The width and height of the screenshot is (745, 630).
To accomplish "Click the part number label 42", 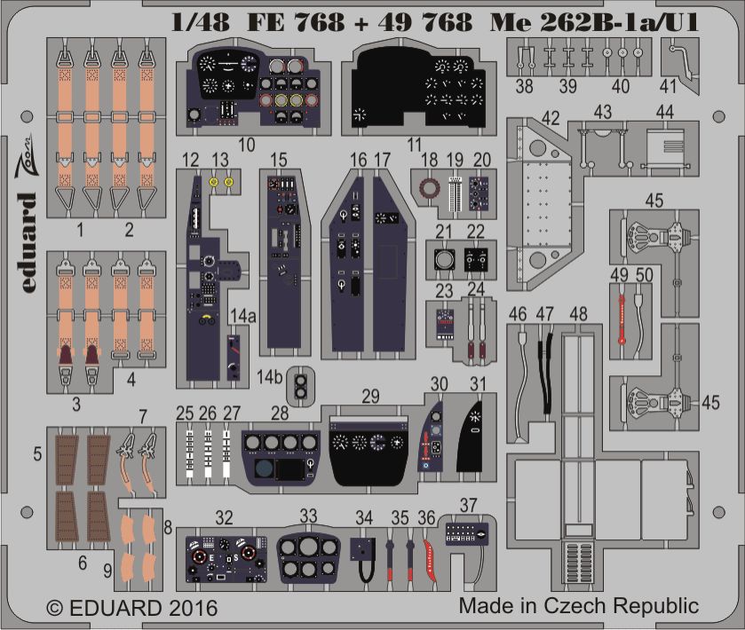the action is (x=551, y=118).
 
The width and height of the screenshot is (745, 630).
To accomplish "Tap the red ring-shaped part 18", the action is (x=430, y=188).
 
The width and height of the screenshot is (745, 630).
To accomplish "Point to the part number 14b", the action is (x=269, y=377).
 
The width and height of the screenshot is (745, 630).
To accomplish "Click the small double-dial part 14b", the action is (x=300, y=386).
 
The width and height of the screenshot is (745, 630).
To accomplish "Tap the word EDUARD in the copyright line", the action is (x=115, y=608).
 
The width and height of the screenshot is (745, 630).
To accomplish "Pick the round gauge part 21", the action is (x=445, y=260).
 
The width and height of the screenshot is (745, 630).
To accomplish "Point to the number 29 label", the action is (x=370, y=397).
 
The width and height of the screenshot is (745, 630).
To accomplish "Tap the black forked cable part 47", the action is (x=545, y=374).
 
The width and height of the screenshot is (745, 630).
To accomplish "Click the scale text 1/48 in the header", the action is (x=200, y=22).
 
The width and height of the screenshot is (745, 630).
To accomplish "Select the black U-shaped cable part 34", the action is (x=364, y=559).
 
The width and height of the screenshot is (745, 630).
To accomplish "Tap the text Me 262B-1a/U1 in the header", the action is (x=594, y=22).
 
